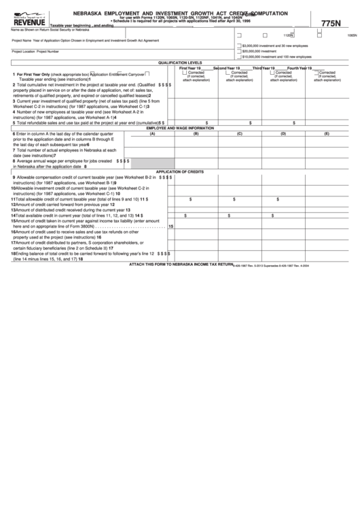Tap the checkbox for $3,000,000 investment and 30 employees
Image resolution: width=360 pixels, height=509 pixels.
(x=238, y=45)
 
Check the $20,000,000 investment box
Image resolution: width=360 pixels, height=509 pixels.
(x=238, y=51)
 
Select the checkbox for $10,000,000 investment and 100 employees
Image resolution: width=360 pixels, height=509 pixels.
(x=238, y=57)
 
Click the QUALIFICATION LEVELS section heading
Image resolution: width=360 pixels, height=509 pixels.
(x=180, y=63)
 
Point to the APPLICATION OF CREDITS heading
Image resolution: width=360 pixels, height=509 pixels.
(x=180, y=172)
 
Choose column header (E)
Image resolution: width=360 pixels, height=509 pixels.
(x=327, y=133)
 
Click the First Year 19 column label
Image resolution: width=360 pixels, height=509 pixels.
(x=190, y=69)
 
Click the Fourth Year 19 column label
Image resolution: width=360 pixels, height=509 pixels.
(x=300, y=69)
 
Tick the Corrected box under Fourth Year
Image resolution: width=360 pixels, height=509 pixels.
(x=315, y=73)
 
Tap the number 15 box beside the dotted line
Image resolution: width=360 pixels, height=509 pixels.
(x=170, y=226)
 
